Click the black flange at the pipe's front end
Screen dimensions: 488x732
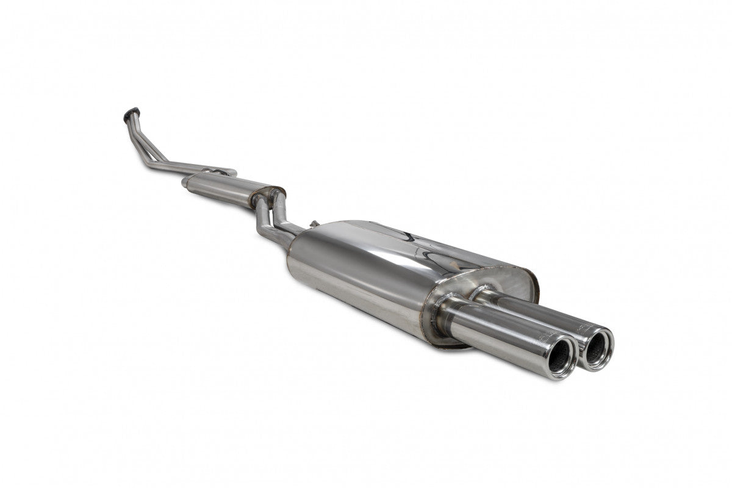tap(131, 112)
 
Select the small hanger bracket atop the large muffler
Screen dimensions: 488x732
tap(314, 224)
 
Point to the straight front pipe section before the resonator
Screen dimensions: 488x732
tap(183, 165)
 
